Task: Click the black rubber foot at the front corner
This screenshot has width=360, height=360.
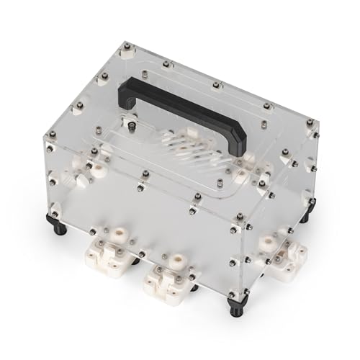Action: (x=235, y=308)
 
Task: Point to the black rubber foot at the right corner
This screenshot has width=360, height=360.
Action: (x=310, y=213)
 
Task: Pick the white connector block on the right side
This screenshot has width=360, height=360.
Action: (x=281, y=252)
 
